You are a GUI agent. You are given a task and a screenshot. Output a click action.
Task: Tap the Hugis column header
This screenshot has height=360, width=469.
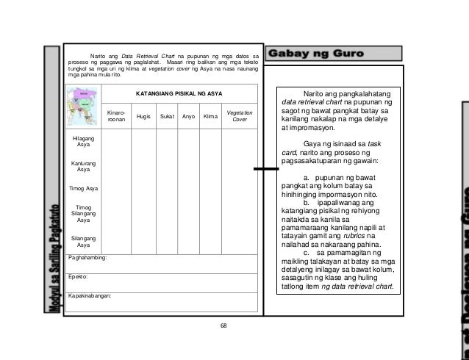[x=139, y=116]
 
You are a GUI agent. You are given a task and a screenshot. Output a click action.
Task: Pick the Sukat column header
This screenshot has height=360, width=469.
[x=166, y=116]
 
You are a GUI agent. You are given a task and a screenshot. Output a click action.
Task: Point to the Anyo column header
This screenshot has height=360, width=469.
[x=189, y=116]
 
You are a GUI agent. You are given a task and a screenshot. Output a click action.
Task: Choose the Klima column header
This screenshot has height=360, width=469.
[x=212, y=116]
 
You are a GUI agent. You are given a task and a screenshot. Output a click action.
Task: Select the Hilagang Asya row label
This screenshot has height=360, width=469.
[x=83, y=142]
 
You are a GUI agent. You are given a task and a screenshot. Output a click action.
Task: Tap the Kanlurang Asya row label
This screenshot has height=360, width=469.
[x=83, y=166]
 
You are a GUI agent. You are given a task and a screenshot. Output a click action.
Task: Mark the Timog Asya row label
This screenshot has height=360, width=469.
[x=83, y=189]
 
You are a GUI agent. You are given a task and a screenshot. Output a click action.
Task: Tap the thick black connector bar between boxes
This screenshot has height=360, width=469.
[x=265, y=170]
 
